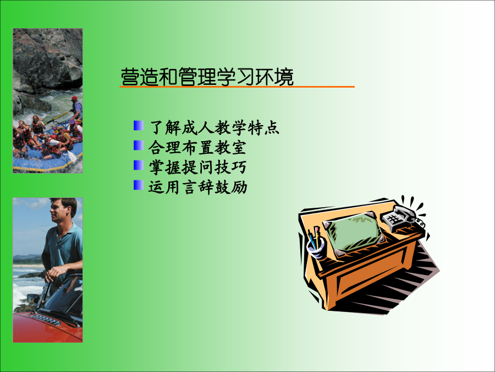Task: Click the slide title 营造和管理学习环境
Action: pyautogui.click(x=207, y=77)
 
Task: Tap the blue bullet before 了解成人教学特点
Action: pyautogui.click(x=138, y=125)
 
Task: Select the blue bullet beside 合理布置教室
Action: pyautogui.click(x=138, y=145)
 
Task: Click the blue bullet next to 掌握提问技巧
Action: pyautogui.click(x=138, y=165)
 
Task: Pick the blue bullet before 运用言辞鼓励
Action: pyautogui.click(x=138, y=185)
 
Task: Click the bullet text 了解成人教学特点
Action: pyautogui.click(x=215, y=128)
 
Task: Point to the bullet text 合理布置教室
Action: pyautogui.click(x=197, y=148)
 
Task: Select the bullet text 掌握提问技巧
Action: pyautogui.click(x=197, y=168)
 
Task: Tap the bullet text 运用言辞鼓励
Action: pyautogui.click(x=197, y=187)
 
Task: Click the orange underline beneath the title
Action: pyautogui.click(x=237, y=87)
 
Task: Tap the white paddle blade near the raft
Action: pyautogui.click(x=72, y=157)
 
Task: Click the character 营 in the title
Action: pyautogui.click(x=130, y=77)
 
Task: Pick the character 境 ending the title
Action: pyautogui.click(x=284, y=77)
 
